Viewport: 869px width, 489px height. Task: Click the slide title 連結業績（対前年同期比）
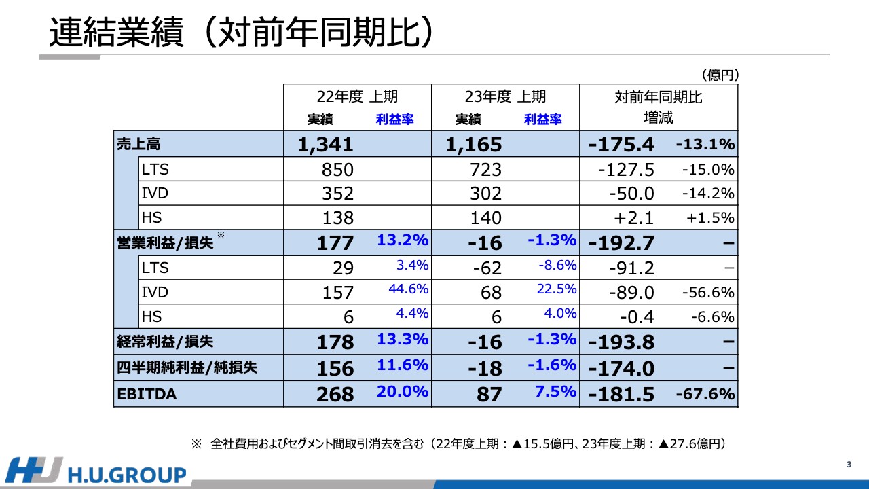[241, 32]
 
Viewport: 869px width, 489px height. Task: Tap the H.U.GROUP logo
[96, 472]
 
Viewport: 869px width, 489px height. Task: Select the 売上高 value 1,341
[325, 144]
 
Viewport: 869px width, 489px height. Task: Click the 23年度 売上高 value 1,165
[474, 144]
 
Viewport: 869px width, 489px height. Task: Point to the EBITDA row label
[147, 394]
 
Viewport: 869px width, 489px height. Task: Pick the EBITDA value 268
[335, 394]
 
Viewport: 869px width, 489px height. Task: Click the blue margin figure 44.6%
[409, 289]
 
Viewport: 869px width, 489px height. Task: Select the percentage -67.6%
[705, 394]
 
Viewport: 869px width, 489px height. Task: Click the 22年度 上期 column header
[356, 97]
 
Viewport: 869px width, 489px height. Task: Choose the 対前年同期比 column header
[658, 97]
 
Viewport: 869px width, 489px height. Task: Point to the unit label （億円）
[720, 75]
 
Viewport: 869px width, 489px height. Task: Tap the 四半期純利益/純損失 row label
[187, 368]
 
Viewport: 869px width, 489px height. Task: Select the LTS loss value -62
[487, 268]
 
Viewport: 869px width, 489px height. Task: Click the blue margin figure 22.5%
[557, 289]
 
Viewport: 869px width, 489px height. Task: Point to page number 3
[849, 465]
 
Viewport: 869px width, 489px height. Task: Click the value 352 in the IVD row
[337, 194]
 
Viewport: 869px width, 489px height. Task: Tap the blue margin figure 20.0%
[403, 391]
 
